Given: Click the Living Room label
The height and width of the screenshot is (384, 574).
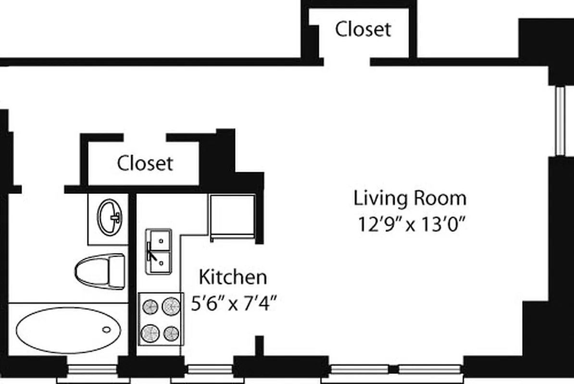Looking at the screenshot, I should pos(410,198).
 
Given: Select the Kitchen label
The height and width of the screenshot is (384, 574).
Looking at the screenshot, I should pos(233,277).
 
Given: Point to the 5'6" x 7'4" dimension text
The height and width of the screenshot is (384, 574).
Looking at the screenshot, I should pos(235,304).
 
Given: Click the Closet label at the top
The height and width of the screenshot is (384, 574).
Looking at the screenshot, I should pos(363,29).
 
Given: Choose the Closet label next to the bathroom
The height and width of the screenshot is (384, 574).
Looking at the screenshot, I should pos(145,163).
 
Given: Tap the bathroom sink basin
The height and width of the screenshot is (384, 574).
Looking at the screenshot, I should pos(110,217).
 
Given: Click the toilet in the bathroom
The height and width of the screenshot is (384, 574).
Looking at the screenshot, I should pos(100,271).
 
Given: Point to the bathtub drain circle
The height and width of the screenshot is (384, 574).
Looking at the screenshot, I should pos(106,330).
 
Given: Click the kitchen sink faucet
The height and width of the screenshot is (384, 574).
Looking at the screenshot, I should pos(152,252).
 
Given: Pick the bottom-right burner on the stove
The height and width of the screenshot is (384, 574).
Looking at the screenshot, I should pos(171,333).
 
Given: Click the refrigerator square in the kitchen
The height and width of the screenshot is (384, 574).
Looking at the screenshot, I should pos(233,216).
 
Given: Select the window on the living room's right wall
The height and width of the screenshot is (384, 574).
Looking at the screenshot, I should pos(560,121).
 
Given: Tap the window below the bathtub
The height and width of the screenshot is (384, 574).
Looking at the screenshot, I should pos(92,370).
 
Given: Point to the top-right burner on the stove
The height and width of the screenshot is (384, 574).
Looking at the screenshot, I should pos(171,306).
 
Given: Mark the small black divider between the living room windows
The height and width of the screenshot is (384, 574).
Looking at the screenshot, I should pos(394,370).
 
